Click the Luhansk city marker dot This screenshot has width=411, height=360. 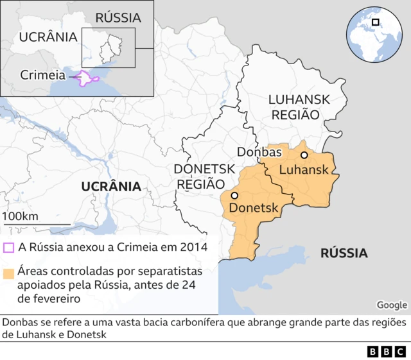pos(304,155)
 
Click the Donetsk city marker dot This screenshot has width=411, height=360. pos(234,196)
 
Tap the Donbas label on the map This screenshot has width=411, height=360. pos(259,152)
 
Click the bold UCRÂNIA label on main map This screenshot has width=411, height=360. pos(111,187)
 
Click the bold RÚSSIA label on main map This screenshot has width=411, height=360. pos(344,253)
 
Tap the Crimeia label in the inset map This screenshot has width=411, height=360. pos(43,75)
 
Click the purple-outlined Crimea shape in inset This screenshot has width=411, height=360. pos(88,79)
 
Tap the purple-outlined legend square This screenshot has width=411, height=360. pos(8,248)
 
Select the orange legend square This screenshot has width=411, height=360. pos(8,273)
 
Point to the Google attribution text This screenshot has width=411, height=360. pos(392,305)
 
